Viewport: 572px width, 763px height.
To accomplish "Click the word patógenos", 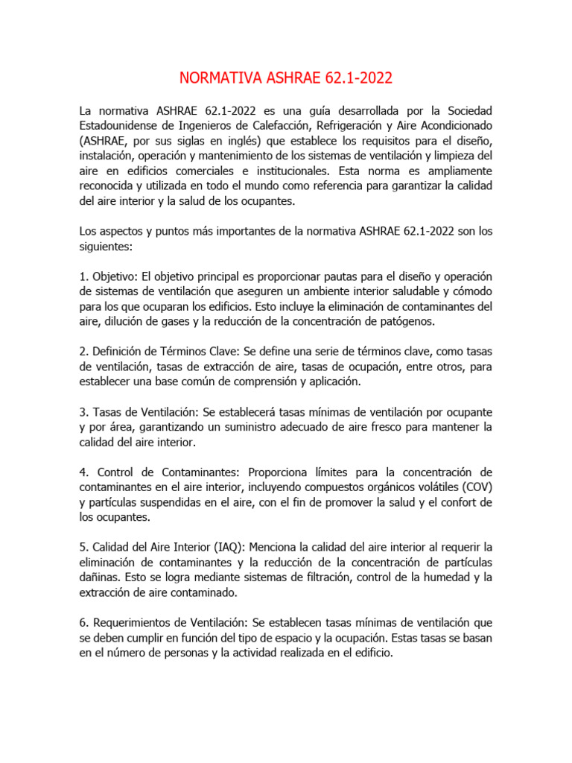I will click(415, 321).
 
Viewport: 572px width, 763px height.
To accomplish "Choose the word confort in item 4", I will click(446, 502).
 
